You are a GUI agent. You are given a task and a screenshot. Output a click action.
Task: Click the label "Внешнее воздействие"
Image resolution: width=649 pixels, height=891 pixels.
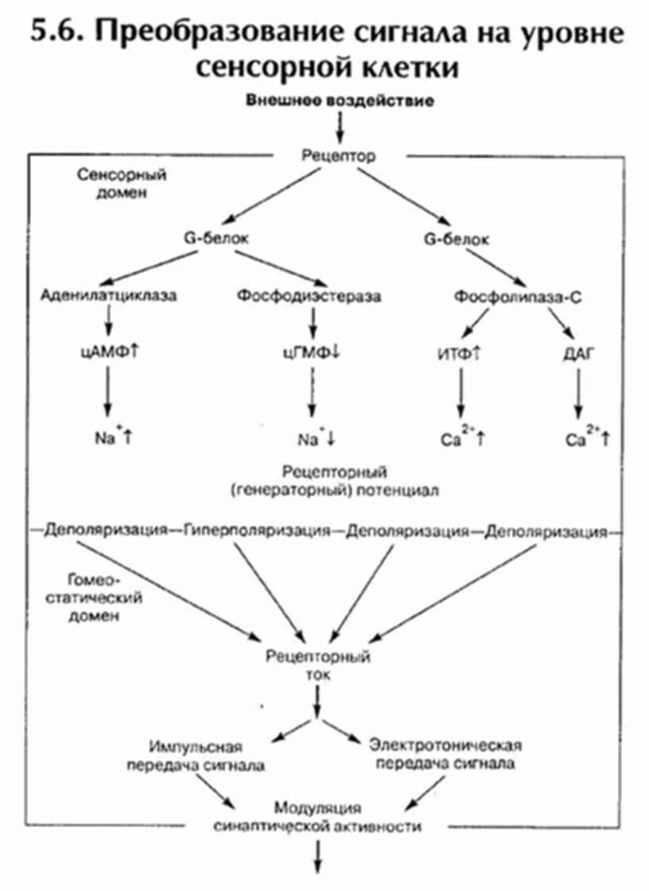coord(340,101)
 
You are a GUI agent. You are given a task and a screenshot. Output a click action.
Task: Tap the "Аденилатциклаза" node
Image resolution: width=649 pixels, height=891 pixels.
coord(108,296)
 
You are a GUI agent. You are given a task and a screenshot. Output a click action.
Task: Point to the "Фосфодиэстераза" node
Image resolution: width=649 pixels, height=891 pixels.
coord(309,296)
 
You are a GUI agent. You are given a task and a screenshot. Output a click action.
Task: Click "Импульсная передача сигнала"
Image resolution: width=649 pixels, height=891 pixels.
coord(195,756)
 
